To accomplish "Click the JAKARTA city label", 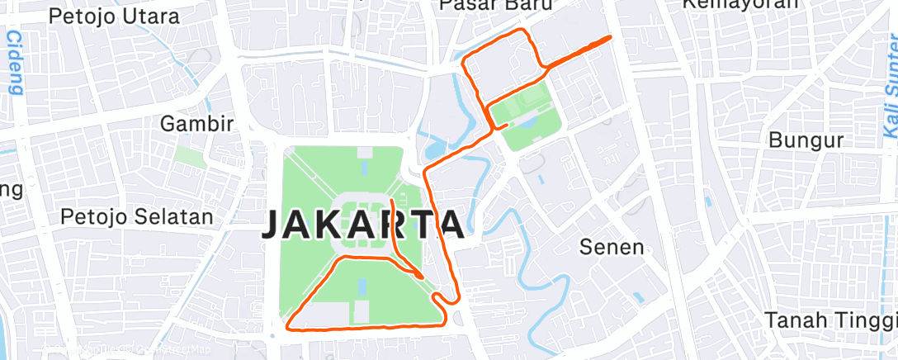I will pos(362,225).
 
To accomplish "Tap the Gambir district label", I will pos(197,124).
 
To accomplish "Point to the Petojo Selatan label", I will pos(137,217).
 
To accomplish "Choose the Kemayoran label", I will pos(740,4).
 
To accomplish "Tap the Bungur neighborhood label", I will pos(806,140).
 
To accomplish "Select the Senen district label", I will pos(611,246).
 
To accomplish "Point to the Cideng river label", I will pos(14,63).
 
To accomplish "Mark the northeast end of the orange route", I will pos(609,37).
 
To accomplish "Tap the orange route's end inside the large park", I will pos(390,201).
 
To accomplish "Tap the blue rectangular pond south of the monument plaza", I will pos(362,288).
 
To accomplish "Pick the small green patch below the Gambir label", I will pos(189,157).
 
